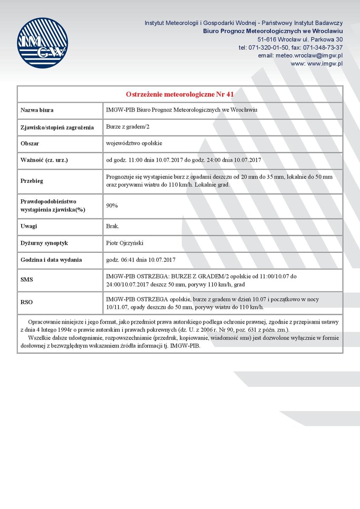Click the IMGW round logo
coord(42,43)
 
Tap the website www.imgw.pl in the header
coord(325,64)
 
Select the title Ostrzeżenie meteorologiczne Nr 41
coord(180,94)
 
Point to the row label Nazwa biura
coord(37,110)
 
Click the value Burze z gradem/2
coord(128,127)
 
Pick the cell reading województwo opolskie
coord(134,143)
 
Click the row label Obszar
coord(30,144)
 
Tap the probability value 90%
coord(112,206)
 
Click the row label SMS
coord(27,280)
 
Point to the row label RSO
coord(27,302)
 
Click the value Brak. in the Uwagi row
coord(112,226)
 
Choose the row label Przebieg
coord(32,181)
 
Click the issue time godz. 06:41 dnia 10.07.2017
coord(141,260)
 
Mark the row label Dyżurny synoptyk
coord(44,243)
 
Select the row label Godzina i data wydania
coord(51,260)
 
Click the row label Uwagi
coord(29,226)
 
